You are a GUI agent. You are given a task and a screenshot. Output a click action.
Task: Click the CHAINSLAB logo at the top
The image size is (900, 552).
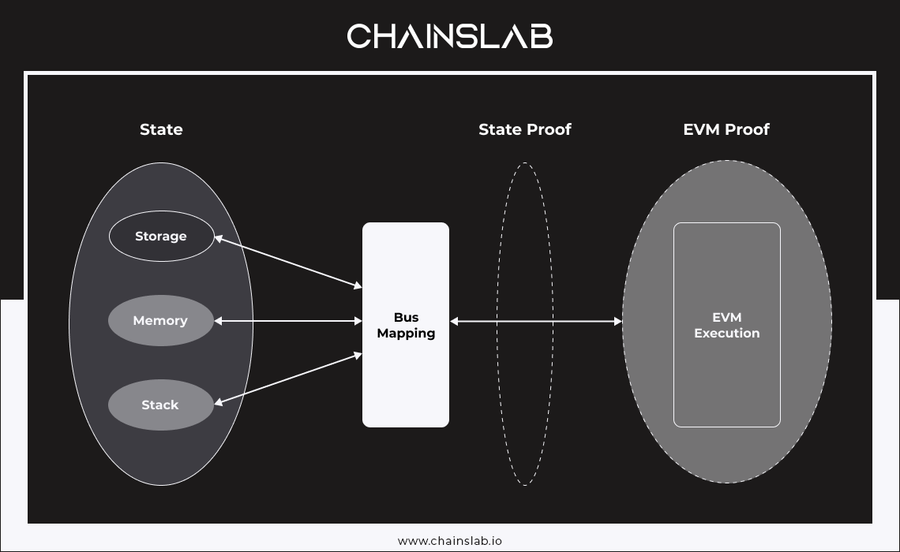pos(450,36)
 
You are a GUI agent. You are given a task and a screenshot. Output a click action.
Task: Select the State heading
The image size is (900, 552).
pos(161,129)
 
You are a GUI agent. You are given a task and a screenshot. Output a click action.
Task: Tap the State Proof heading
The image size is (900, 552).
pos(525,129)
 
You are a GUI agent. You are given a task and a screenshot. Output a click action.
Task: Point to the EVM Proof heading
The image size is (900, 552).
pos(726,129)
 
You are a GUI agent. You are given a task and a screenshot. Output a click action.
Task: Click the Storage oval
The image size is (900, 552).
pos(161,236)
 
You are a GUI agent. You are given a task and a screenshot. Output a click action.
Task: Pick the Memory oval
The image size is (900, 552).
pos(161,321)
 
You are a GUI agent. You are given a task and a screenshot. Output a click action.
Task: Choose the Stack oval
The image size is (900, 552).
pos(161,405)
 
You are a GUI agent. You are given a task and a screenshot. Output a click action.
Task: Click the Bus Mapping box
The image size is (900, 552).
pos(406,325)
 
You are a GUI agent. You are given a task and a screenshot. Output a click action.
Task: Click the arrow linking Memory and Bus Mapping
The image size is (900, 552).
pos(288,321)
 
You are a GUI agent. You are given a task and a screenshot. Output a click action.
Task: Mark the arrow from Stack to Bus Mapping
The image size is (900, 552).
pos(288,379)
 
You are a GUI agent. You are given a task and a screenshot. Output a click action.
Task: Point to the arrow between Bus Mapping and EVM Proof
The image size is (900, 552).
pos(536,321)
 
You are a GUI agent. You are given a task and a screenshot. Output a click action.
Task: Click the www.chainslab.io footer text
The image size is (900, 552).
pos(450,541)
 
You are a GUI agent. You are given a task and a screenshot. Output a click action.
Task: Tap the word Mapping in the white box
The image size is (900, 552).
pos(406,334)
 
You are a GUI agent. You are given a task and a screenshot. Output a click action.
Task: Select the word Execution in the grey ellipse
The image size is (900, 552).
pos(727,334)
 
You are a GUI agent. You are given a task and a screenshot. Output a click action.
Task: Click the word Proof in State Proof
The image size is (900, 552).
pos(549,129)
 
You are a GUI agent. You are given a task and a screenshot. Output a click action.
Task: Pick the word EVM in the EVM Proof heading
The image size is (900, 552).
pos(701,129)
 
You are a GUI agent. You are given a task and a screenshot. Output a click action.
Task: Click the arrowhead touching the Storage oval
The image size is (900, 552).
pos(219,237)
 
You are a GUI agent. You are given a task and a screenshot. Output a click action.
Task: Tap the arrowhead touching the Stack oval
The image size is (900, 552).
pos(219,403)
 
